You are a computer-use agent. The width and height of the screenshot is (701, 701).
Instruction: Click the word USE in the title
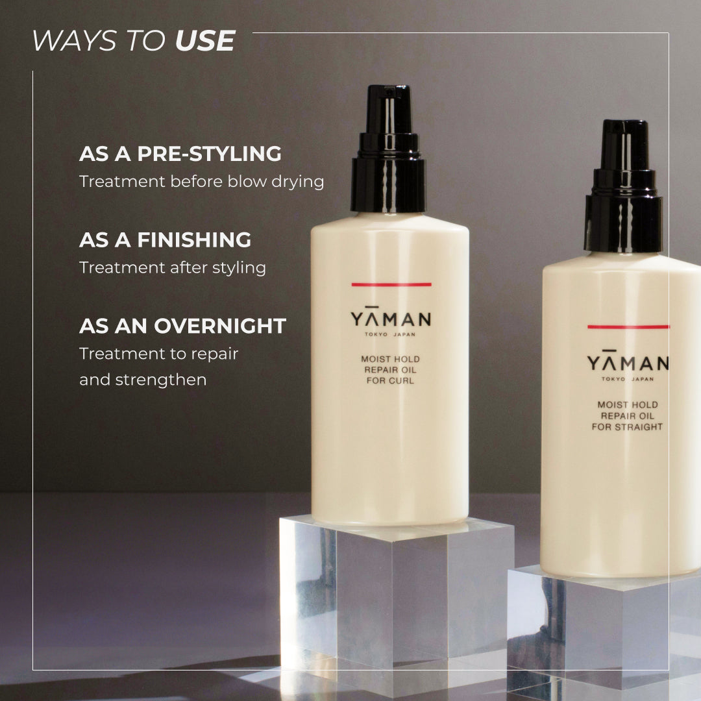(x=205, y=41)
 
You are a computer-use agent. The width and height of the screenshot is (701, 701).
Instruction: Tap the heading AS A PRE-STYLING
(x=180, y=154)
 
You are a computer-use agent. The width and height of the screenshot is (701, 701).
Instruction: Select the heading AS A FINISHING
(x=165, y=240)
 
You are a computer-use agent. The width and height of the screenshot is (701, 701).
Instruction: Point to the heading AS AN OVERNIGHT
(x=182, y=326)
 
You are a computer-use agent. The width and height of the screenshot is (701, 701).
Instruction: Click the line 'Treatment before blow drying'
(x=202, y=182)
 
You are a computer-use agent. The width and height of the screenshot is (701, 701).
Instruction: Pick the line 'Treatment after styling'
(x=173, y=268)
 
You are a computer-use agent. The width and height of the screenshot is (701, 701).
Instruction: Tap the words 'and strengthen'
(x=143, y=380)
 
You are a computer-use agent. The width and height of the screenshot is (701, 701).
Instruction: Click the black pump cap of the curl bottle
(x=389, y=149)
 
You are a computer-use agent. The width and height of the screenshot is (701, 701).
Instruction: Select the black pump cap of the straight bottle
(x=624, y=186)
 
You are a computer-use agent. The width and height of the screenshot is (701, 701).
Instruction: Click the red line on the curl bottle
(x=391, y=284)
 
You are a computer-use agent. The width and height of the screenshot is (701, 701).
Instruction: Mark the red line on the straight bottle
(x=628, y=326)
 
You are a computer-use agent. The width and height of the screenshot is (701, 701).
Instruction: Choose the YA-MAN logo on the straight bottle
(x=628, y=362)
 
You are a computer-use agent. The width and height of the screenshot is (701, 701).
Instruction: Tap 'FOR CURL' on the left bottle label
(x=390, y=381)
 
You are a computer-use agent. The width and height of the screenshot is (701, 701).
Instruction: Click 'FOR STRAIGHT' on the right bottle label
(x=627, y=427)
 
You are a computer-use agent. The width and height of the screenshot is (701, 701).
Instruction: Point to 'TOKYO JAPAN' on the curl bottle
(x=390, y=334)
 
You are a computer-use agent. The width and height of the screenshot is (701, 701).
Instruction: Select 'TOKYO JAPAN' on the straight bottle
(x=627, y=379)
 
